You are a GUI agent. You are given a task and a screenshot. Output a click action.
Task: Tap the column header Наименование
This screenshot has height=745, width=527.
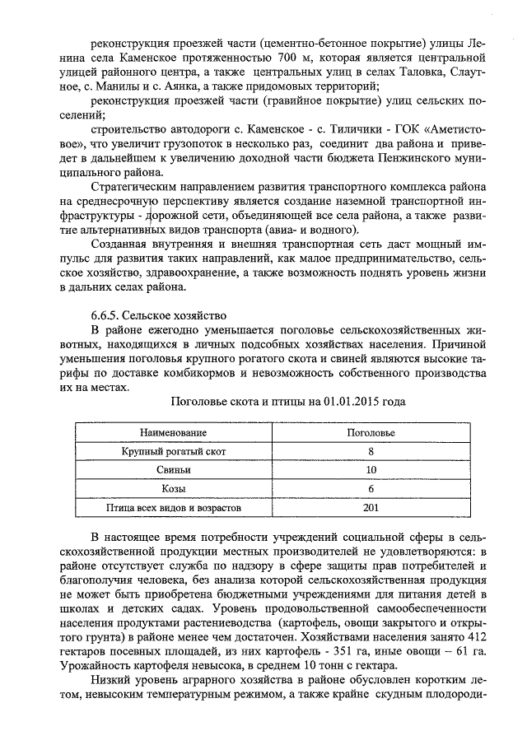[173, 432]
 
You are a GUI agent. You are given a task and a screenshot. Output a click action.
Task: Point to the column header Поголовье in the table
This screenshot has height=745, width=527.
[371, 432]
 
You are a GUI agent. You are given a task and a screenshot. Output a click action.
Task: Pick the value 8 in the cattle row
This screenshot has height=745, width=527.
[371, 451]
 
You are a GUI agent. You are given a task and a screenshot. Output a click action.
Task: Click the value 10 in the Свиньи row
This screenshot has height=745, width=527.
[371, 470]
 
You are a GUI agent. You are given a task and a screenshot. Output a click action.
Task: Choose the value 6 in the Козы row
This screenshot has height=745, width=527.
[371, 489]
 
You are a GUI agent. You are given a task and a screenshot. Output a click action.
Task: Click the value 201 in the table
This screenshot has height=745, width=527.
[371, 508]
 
